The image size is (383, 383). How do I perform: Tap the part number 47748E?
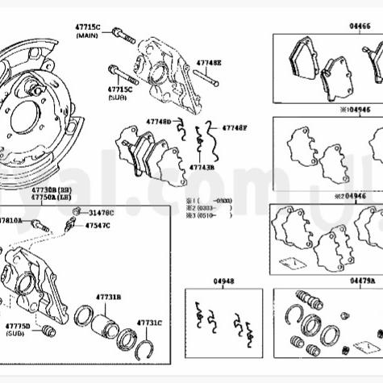pos(208,62)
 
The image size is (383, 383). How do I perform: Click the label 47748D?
pos(158,121)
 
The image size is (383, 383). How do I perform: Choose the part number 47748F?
pos(235,127)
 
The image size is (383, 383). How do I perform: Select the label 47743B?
pos(202,168)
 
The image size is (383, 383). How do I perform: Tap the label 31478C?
pos(102,212)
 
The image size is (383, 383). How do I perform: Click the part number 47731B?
pos(107,297)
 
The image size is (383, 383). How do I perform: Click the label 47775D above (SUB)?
pos(18,326)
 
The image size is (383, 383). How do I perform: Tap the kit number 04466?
pos(360,27)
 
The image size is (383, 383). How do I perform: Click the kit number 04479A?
pos(362,281)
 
